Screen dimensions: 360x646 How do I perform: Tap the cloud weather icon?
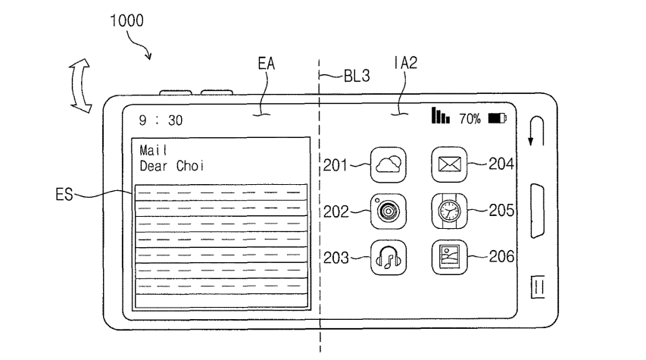click(x=386, y=164)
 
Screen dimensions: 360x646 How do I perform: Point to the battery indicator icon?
click(x=498, y=118)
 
